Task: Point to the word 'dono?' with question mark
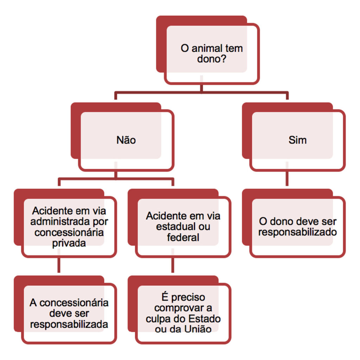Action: point(212,59)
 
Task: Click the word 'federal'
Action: point(183,237)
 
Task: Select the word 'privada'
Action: point(69,243)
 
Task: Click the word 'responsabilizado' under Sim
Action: point(297,232)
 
